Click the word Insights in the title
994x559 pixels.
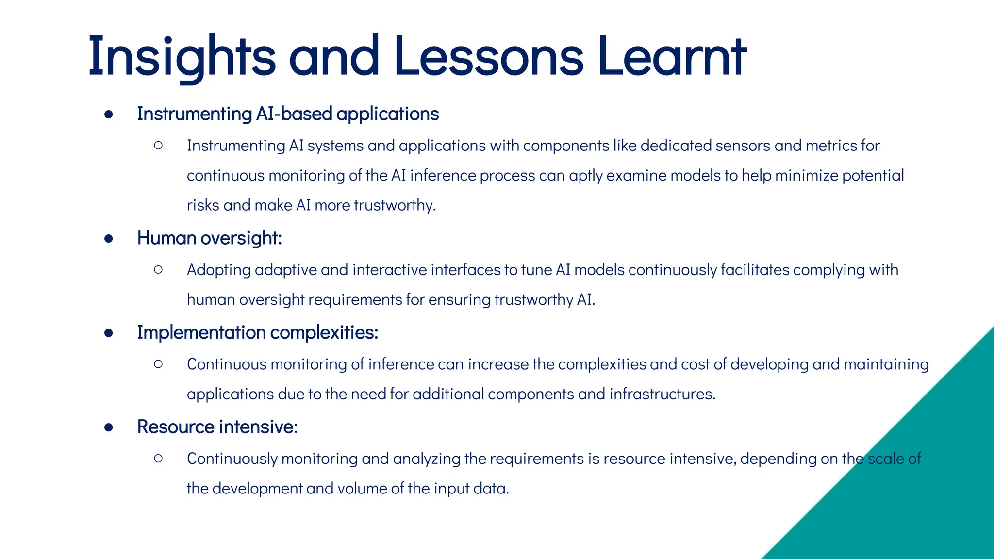click(182, 57)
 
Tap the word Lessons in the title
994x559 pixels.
click(489, 57)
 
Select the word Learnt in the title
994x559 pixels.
click(672, 57)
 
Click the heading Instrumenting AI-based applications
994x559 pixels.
click(288, 114)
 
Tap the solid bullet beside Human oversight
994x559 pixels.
click(109, 239)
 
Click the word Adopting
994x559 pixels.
click(219, 270)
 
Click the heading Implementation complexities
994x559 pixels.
click(257, 333)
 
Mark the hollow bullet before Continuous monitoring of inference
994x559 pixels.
click(158, 364)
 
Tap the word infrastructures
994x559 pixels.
click(662, 394)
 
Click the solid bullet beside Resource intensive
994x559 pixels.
click(109, 427)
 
